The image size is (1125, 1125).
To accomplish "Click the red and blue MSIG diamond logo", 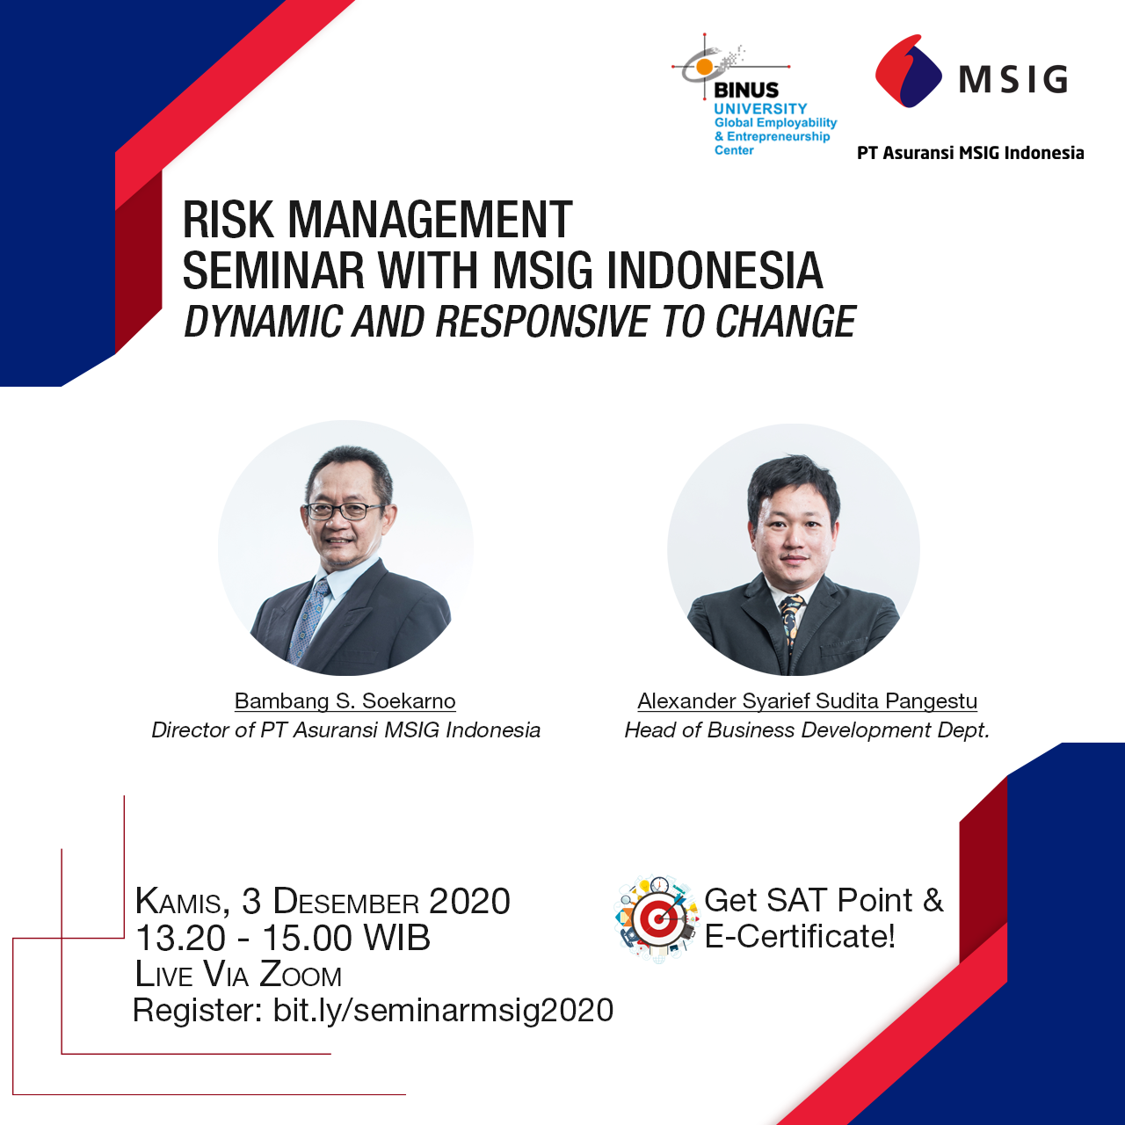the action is click(x=908, y=71).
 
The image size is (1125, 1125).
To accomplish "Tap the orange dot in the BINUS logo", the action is click(x=705, y=67).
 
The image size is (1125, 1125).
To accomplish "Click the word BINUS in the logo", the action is click(x=746, y=90).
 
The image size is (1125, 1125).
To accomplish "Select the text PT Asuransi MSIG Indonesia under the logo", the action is click(x=970, y=153).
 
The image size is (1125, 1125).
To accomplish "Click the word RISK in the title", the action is click(x=229, y=220).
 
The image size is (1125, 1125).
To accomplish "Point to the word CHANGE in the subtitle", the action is click(x=786, y=322).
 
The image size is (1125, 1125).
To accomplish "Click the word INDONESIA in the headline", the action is click(x=715, y=271).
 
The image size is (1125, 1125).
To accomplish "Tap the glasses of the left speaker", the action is click(x=345, y=511).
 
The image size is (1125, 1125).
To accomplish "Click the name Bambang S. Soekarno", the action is click(x=345, y=701).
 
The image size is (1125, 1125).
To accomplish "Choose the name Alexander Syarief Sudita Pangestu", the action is click(x=808, y=701).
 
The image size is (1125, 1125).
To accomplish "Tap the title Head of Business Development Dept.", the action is click(x=808, y=729).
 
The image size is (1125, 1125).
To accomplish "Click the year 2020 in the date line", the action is click(x=469, y=901).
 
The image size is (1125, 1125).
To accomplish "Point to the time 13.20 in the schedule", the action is click(x=180, y=938).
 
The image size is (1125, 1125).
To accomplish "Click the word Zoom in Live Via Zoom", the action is click(x=300, y=975).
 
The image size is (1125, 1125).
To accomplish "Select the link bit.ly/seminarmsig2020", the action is click(x=443, y=1011).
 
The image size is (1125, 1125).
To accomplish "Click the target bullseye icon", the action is click(x=657, y=919).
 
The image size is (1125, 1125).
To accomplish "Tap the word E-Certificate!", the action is click(x=800, y=936).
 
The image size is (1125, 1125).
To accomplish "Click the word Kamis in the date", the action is click(x=178, y=902).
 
